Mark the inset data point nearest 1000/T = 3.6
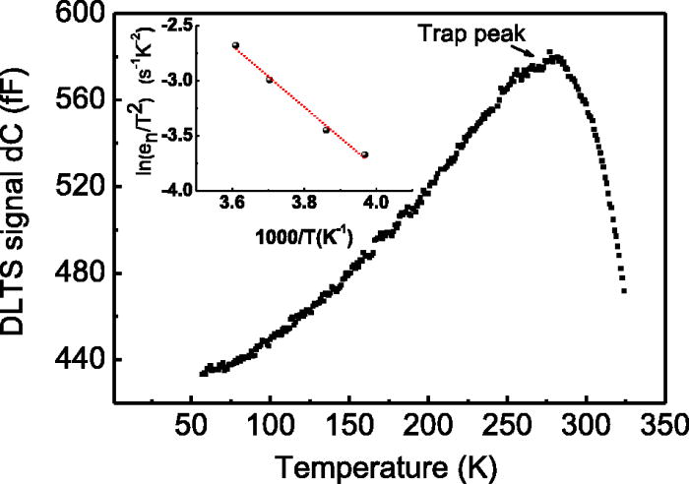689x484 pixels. point(235,45)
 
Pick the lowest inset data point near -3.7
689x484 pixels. point(365,154)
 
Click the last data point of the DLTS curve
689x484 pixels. point(624,291)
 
